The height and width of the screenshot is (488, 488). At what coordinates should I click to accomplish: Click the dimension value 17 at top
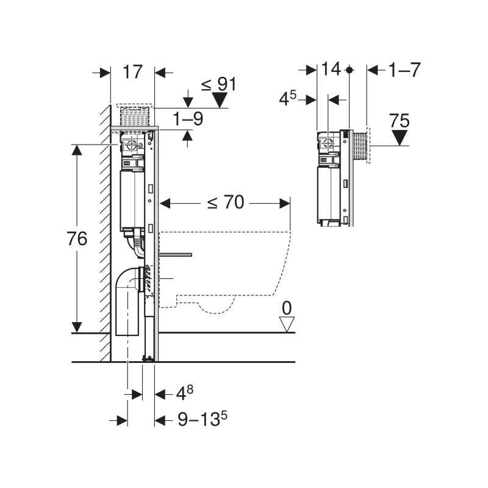point(132,71)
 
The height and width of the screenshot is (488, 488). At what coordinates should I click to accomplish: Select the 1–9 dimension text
point(188,119)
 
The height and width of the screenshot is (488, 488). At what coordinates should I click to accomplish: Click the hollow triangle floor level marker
point(286,324)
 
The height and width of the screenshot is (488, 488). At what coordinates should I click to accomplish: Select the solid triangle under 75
point(400,138)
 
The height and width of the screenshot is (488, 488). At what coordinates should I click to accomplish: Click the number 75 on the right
point(400,121)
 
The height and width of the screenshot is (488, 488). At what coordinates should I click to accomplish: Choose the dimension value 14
point(331,70)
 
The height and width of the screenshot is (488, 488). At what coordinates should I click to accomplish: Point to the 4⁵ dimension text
point(288,98)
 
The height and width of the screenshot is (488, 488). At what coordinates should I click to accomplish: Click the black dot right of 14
point(349,71)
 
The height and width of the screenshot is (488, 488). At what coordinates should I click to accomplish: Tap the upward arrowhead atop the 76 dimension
point(76,150)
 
